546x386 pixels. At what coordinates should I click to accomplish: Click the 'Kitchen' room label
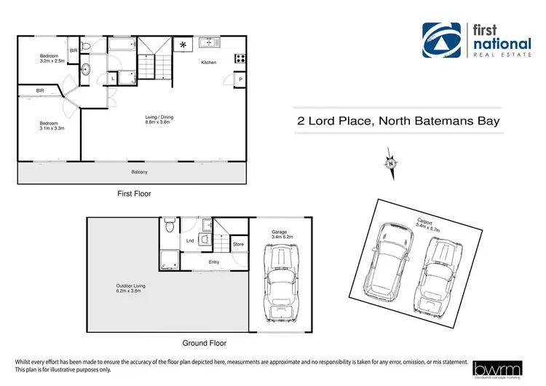pos(209,63)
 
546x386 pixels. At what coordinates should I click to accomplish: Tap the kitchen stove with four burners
pos(240,59)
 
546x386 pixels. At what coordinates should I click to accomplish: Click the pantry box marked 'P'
pos(240,79)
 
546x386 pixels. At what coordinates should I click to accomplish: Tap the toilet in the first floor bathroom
pos(87,47)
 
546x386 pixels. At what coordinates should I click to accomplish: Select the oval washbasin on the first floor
pos(86,71)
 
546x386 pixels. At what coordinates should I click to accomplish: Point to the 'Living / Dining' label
pos(159,119)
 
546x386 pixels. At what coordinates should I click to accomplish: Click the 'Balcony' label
pos(139,172)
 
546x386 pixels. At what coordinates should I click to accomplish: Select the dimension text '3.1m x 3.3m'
pos(52,128)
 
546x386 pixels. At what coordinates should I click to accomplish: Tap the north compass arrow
pos(391,164)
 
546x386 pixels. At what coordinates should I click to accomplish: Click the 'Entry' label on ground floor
pos(214,261)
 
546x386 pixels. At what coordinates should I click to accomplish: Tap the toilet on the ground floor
pos(169,225)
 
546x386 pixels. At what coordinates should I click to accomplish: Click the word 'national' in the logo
pos(499,42)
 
